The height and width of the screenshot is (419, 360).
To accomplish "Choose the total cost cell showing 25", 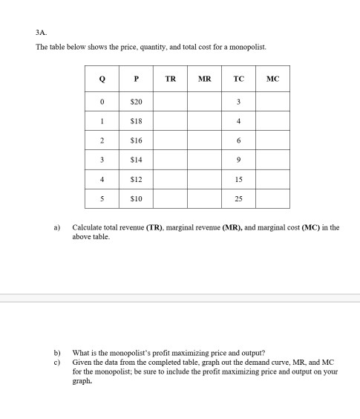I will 238,198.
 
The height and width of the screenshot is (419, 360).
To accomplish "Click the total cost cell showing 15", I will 238,179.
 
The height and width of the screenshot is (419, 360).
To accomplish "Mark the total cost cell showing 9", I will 238,160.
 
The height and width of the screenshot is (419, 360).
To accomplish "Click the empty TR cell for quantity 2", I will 170,140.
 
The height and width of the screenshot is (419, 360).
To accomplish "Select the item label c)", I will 56,362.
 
